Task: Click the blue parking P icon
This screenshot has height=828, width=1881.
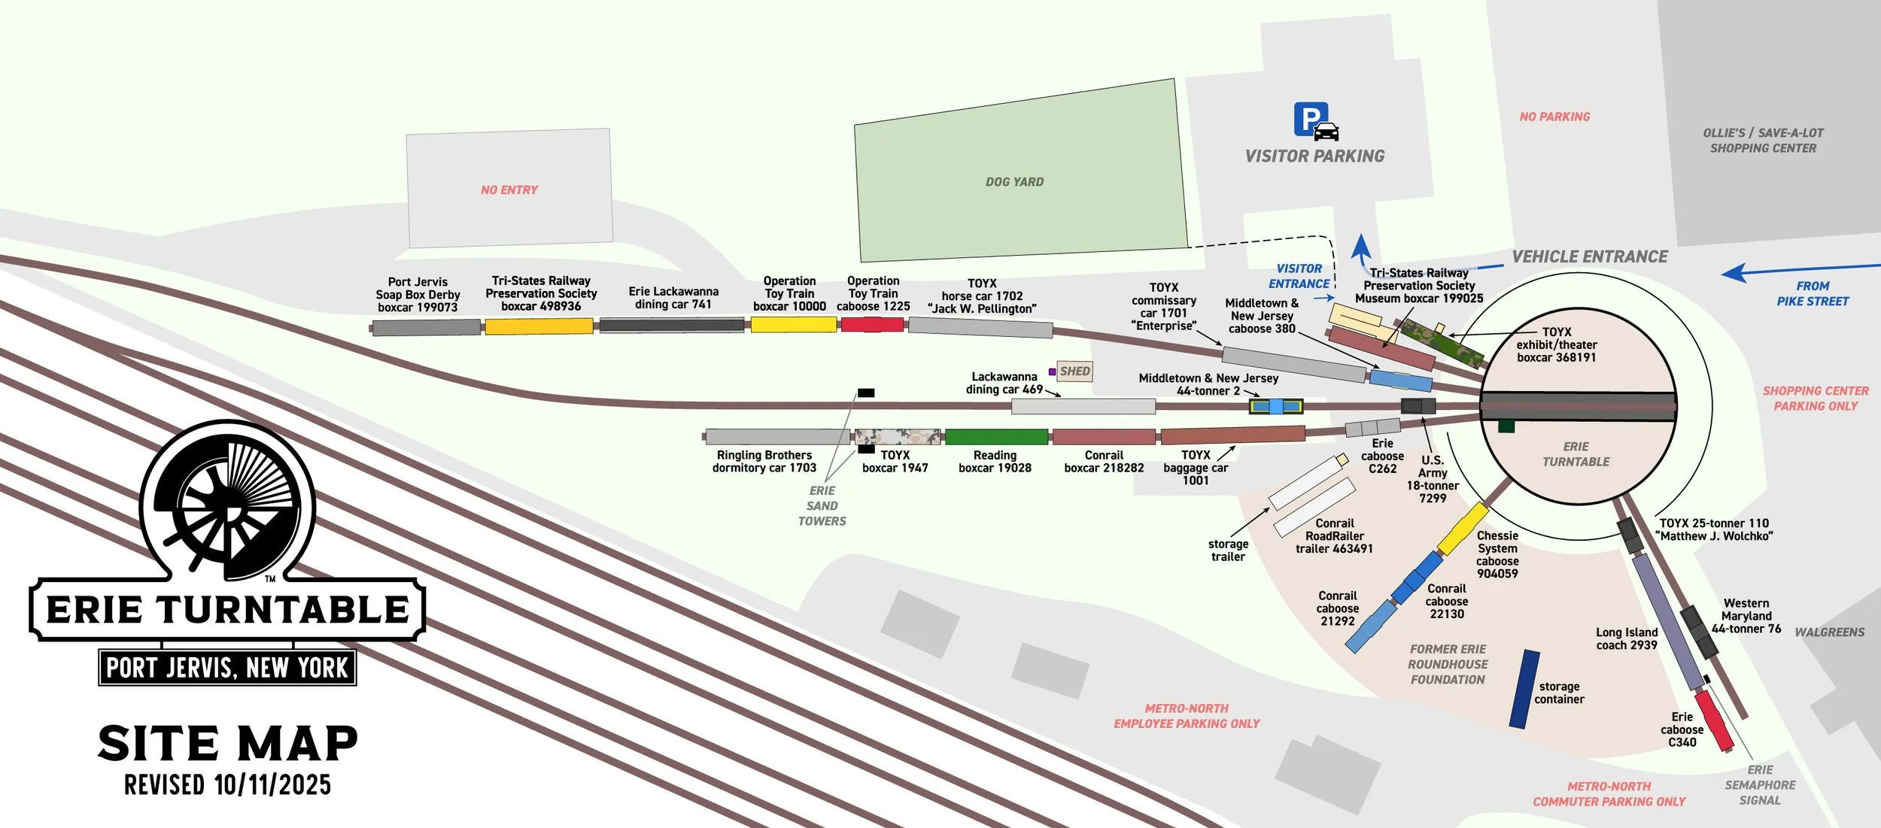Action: pos(1311,119)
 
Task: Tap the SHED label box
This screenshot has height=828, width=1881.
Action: pos(1074,372)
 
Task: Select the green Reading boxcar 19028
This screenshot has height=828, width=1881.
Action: pos(996,437)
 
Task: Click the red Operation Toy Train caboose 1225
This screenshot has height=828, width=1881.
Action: pos(872,325)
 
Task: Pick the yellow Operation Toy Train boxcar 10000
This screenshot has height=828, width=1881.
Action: pos(793,325)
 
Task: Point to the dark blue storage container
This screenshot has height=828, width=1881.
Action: pos(1524,690)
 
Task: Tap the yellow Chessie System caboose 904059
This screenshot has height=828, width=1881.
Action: pos(1463,529)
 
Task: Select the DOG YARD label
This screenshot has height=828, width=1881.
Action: pos(1014,182)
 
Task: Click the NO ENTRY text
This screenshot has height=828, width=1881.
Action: pos(509,190)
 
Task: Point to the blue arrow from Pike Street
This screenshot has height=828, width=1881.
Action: pos(1798,270)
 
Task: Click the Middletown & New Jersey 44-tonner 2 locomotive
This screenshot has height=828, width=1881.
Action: pos(1276,407)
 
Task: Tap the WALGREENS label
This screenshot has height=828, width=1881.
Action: pos(1829,632)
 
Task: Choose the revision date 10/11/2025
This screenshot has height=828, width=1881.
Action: pos(272,785)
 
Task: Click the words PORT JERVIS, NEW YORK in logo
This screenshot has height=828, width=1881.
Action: pos(227,668)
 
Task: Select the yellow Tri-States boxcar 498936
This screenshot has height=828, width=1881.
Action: pos(539,326)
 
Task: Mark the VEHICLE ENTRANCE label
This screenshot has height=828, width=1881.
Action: pos(1590,257)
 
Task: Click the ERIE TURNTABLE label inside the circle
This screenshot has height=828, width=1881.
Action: pos(1576,454)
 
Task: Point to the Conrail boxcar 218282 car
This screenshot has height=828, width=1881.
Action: pos(1104,437)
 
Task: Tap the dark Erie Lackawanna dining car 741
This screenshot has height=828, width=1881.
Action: pos(672,326)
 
